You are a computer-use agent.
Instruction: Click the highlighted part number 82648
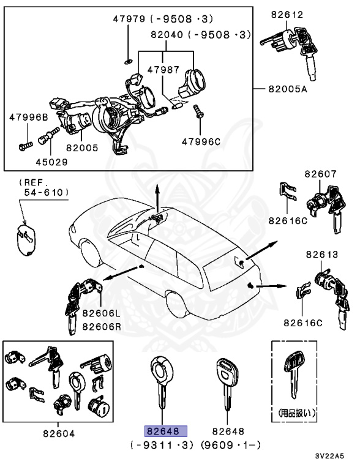click(165, 430)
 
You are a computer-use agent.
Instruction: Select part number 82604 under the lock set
click(59, 433)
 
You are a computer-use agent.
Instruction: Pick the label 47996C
click(200, 142)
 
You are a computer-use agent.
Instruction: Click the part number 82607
click(320, 174)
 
